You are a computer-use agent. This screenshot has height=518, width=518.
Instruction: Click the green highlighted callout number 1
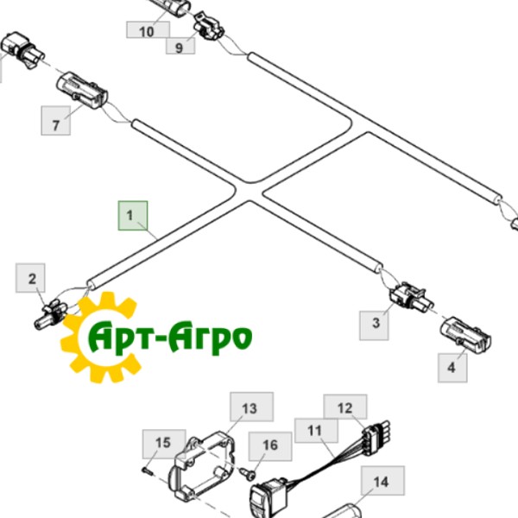[x=133, y=215]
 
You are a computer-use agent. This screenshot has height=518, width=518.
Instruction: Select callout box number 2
[x=30, y=278]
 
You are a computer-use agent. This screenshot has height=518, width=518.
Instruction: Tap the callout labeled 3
[x=374, y=325]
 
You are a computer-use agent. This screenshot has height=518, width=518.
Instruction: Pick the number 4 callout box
[x=452, y=368]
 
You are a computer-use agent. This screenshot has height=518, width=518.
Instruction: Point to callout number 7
[x=55, y=120]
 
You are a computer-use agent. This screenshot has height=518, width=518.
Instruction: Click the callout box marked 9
[x=180, y=46]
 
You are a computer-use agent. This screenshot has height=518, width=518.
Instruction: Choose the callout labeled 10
[x=148, y=30]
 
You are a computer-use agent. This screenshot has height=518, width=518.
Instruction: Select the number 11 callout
[x=316, y=431]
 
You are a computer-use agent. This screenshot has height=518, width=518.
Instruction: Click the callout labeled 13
[x=251, y=407]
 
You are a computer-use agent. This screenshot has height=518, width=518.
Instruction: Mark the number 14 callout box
[x=382, y=481]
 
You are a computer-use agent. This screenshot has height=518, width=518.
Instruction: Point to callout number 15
[x=164, y=444]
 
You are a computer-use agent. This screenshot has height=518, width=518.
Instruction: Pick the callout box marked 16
[x=270, y=446]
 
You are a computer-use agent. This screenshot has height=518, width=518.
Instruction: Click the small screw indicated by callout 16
[x=248, y=475]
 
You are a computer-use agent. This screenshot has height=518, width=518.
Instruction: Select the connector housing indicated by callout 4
[x=466, y=334]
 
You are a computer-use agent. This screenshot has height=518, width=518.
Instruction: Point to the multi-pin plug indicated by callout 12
[x=376, y=433]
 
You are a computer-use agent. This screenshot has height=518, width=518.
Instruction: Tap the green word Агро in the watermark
[x=210, y=337]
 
